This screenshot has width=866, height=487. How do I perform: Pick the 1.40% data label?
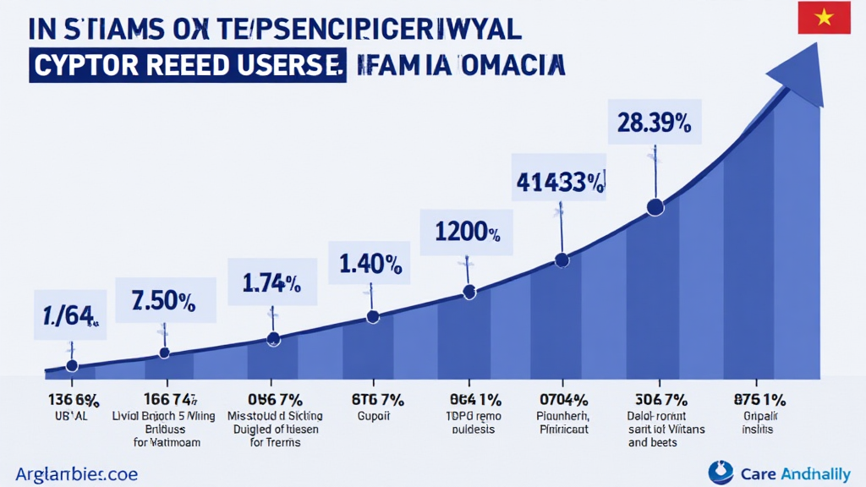click(x=370, y=264)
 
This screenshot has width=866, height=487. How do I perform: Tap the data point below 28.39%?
click(x=654, y=206)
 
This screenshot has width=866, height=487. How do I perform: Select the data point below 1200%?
click(x=469, y=293)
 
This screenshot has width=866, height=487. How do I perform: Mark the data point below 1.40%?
click(x=372, y=317)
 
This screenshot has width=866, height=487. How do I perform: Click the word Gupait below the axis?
click(x=369, y=417)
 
